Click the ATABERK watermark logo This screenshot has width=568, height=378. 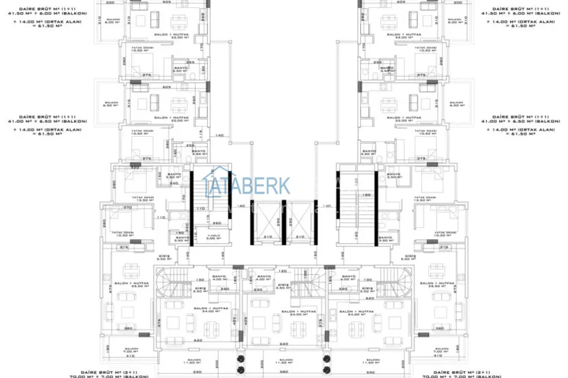[247, 185]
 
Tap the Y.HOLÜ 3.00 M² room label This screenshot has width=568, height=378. [213, 237]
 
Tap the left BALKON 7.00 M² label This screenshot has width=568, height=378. [131, 350]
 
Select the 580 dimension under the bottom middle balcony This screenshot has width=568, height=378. [283, 371]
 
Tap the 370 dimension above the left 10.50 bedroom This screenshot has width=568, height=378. [126, 208]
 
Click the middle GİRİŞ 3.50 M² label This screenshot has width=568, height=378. [283, 287]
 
